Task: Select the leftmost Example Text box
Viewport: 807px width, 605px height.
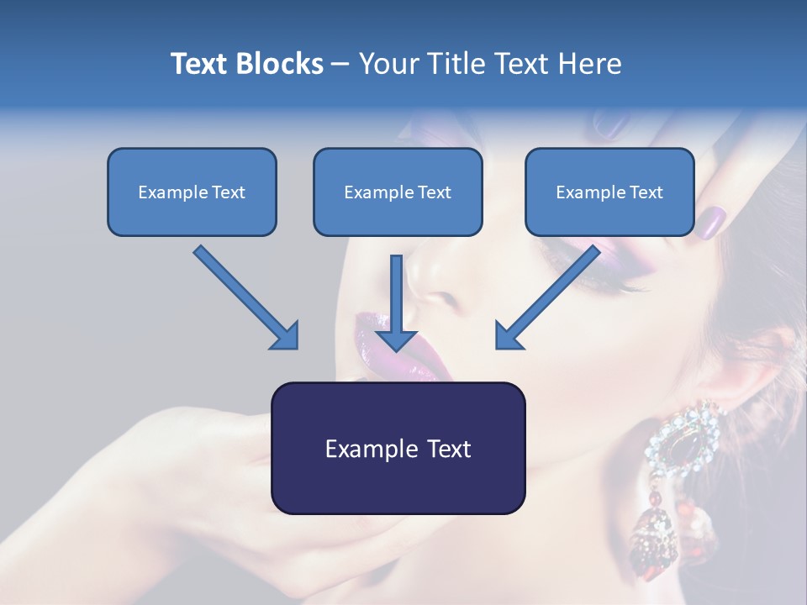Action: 192,192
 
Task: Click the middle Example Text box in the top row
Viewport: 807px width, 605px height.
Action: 398,192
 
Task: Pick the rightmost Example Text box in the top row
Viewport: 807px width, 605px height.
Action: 609,192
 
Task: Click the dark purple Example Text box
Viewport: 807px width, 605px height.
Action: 398,448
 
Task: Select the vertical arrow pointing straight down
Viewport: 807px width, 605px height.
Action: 396,302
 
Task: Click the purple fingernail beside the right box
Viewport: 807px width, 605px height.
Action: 712,222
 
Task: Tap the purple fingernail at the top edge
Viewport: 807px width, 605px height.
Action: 614,126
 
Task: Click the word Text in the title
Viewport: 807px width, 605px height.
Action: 199,64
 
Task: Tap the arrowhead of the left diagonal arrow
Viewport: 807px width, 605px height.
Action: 286,336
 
